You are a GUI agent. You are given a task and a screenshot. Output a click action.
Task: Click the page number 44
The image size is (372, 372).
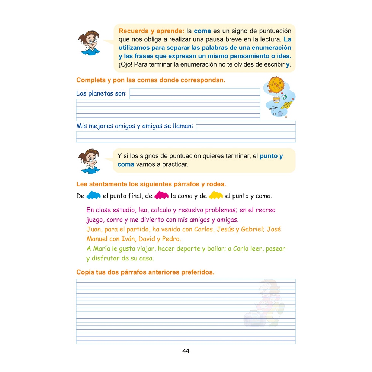[x=186, y=351]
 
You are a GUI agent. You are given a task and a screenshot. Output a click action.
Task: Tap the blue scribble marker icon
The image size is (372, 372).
[x=93, y=195]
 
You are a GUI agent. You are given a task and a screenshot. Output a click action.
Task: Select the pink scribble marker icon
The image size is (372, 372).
[x=161, y=195]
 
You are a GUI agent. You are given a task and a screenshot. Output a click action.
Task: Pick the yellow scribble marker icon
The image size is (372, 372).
[x=216, y=195]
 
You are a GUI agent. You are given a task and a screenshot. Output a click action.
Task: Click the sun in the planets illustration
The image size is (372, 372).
[x=276, y=85]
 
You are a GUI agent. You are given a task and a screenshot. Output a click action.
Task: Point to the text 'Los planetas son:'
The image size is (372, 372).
[x=101, y=93]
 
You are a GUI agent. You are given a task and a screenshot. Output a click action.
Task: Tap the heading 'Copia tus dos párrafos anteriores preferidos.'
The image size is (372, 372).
[x=145, y=272]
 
